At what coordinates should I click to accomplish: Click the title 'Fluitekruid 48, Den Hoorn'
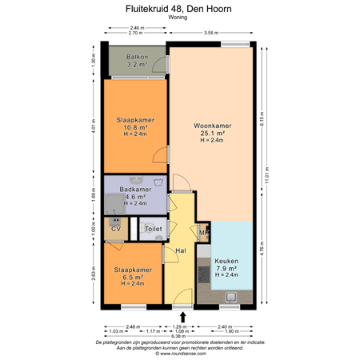point(179,9)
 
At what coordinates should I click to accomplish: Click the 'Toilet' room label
point(153,230)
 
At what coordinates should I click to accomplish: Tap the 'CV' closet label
point(115,230)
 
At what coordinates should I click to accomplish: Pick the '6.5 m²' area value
point(133,277)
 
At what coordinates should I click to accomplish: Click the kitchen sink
point(233,298)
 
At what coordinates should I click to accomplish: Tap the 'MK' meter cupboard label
point(203,234)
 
